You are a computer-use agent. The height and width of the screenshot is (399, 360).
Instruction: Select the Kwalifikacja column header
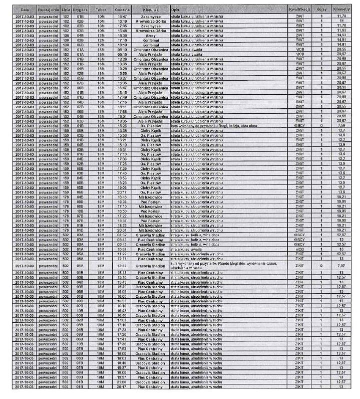point(300,10)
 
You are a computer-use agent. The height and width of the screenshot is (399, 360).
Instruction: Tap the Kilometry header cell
point(341,10)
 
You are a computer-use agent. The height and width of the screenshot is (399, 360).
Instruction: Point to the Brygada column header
point(80,10)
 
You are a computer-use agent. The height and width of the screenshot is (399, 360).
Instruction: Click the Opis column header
point(176,10)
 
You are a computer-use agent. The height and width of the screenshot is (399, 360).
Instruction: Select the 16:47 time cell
point(122,17)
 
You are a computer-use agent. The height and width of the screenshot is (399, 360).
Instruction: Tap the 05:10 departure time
point(122,50)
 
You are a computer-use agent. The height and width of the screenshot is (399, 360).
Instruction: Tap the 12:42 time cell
point(122,266)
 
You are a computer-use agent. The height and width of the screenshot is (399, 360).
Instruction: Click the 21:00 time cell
point(122,382)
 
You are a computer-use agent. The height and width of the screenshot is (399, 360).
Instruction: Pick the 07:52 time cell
point(122,235)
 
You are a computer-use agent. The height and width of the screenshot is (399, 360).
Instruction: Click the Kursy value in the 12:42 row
point(321,266)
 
